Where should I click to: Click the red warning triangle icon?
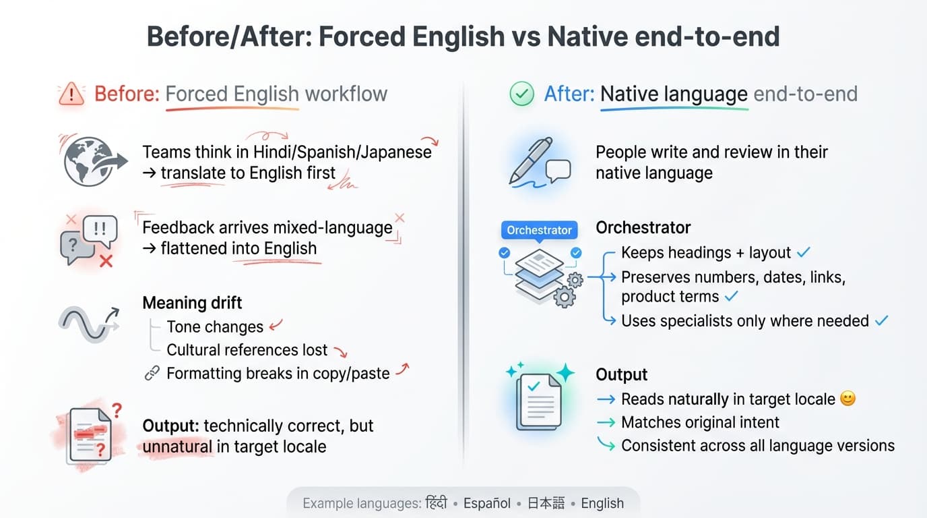pyautogui.click(x=71, y=94)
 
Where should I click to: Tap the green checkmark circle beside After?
pyautogui.click(x=521, y=94)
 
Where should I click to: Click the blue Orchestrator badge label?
pyautogui.click(x=539, y=230)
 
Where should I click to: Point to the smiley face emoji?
pyautogui.click(x=848, y=399)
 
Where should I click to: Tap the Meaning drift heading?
pyautogui.click(x=192, y=302)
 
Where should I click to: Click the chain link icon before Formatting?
pyautogui.click(x=152, y=373)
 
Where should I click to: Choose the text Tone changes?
pyautogui.click(x=215, y=327)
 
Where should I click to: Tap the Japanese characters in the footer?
pyautogui.click(x=546, y=503)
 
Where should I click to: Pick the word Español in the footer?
pyautogui.click(x=486, y=503)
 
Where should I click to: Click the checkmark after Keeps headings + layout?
pyautogui.click(x=803, y=252)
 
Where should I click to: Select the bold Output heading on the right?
pyautogui.click(x=621, y=374)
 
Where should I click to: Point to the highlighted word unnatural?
pyautogui.click(x=177, y=447)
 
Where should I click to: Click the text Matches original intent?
pyautogui.click(x=700, y=422)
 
